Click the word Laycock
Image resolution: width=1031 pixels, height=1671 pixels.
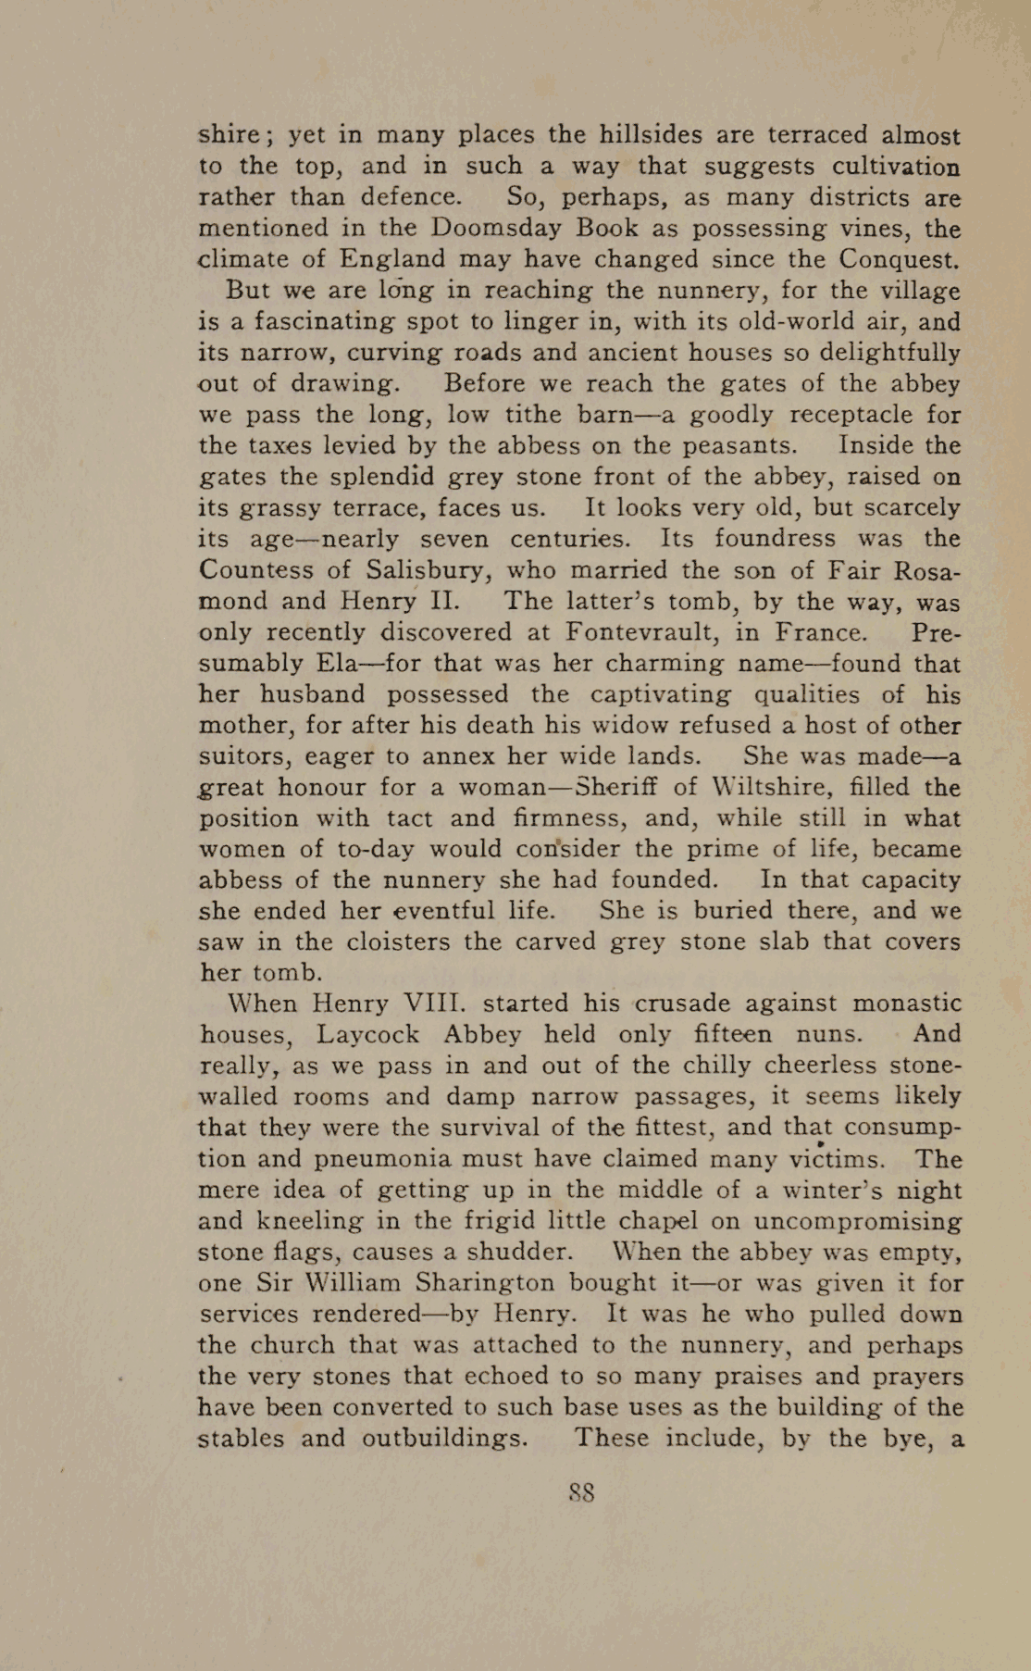[367, 1035]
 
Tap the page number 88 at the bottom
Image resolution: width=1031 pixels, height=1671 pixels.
[581, 1493]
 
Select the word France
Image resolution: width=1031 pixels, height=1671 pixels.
[820, 633]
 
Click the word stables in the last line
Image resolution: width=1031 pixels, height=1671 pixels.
[241, 1440]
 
